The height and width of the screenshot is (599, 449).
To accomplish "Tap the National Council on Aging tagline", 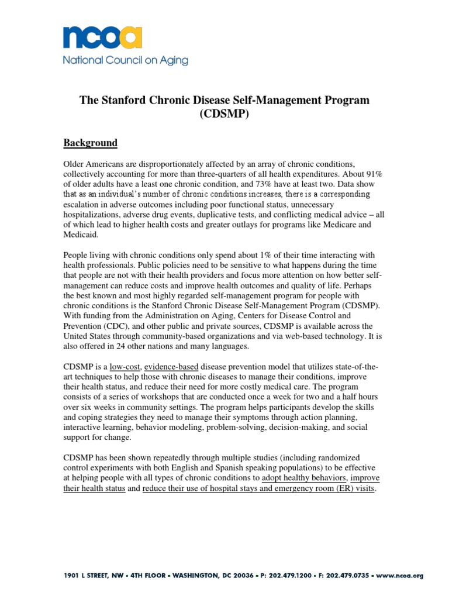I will [x=126, y=60].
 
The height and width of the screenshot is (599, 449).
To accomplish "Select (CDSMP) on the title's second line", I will [x=224, y=114].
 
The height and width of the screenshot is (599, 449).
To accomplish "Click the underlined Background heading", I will [x=90, y=143].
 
